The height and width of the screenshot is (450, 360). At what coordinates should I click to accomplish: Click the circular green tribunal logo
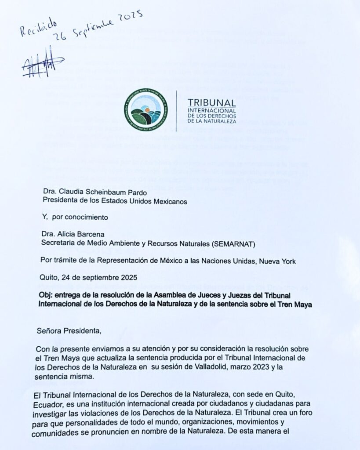[145, 109]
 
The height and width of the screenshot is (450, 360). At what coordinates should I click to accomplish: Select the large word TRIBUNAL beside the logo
[212, 102]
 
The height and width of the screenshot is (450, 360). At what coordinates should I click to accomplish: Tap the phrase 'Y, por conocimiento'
[75, 216]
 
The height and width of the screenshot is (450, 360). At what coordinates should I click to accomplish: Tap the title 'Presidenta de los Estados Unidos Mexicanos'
[115, 201]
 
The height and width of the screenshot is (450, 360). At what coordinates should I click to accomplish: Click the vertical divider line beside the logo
[176, 111]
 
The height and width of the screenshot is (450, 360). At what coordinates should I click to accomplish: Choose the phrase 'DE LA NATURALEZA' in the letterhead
[212, 120]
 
